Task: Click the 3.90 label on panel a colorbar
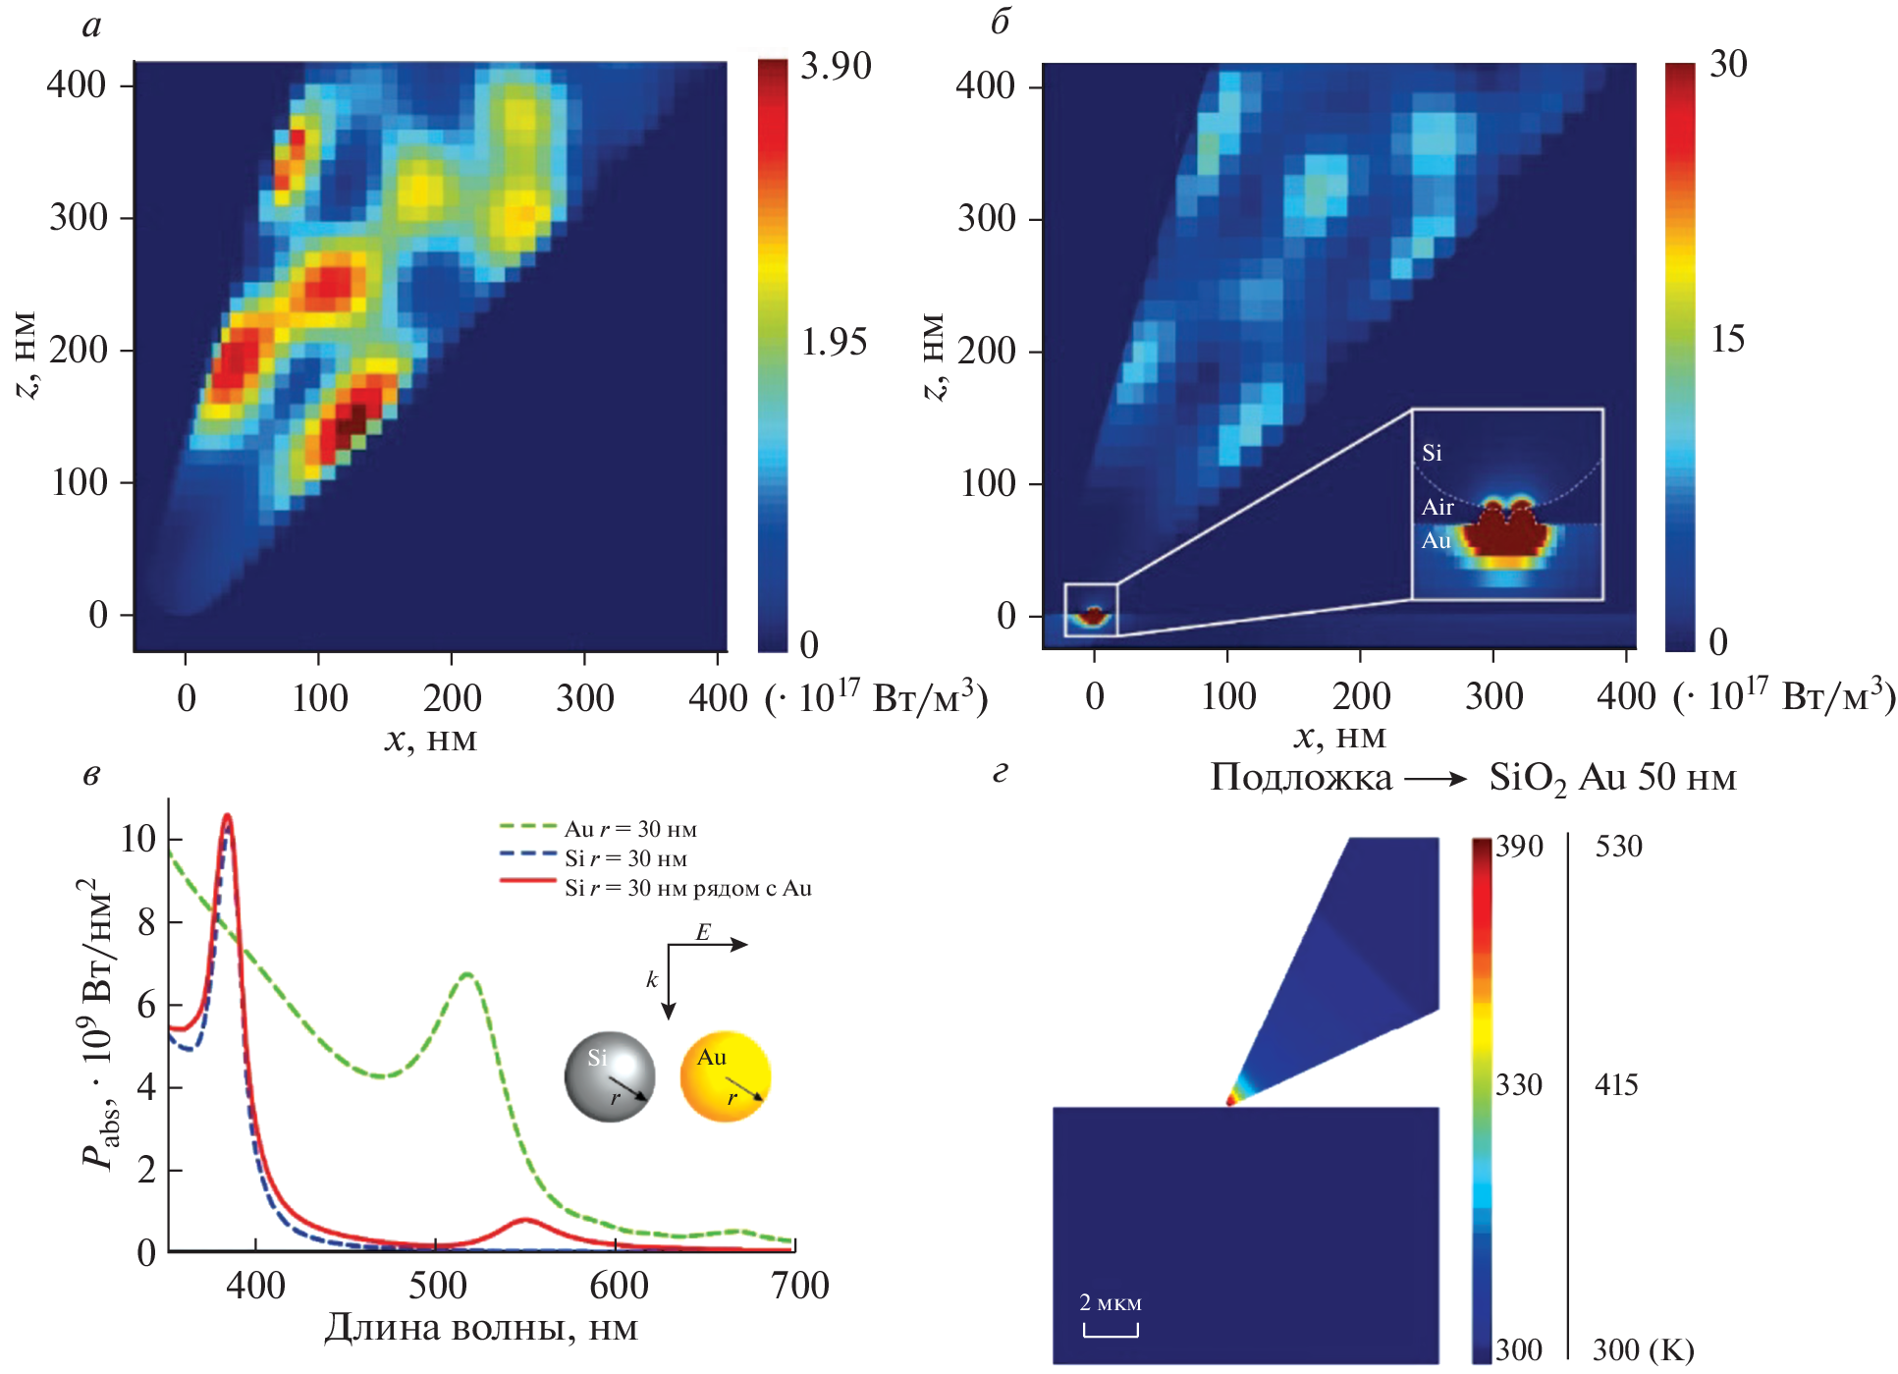[x=836, y=66]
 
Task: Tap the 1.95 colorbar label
[x=834, y=342]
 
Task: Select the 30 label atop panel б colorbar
[x=1728, y=64]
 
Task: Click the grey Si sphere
[x=610, y=1076]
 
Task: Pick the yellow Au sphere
[x=726, y=1076]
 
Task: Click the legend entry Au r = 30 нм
[x=630, y=829]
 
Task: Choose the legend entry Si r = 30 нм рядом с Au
[x=687, y=889]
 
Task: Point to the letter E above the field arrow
[x=703, y=932]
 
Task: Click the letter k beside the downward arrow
[x=651, y=979]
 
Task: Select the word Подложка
[x=1300, y=778]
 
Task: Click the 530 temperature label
[x=1618, y=847]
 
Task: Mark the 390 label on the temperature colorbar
[x=1519, y=847]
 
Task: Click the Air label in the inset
[x=1437, y=507]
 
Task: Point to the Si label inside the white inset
[x=1433, y=453]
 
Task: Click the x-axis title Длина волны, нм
[x=481, y=1328]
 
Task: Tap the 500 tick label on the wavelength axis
[x=438, y=1286]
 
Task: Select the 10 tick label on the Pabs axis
[x=137, y=839]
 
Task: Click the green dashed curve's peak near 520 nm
[x=467, y=974]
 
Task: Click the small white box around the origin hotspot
[x=1091, y=610]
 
